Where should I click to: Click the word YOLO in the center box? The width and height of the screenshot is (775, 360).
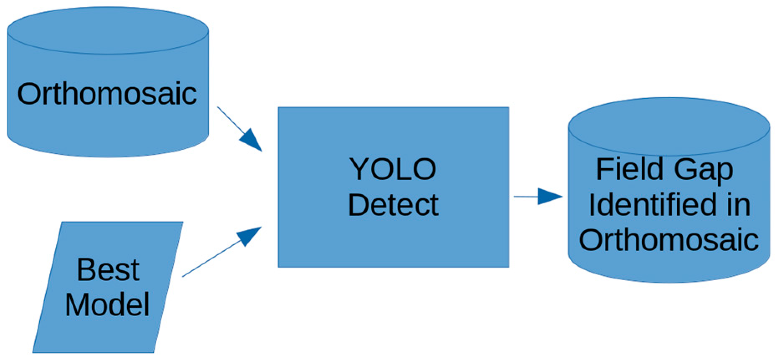pos(393,170)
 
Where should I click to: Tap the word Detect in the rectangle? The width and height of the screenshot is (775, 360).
pos(393,205)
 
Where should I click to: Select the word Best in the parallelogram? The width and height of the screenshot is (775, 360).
pos(108,270)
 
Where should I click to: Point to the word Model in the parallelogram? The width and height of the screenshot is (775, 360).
pos(107,305)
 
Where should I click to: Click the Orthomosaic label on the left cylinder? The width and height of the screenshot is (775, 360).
pos(107,94)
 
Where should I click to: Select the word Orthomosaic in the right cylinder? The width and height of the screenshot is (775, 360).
pos(668,240)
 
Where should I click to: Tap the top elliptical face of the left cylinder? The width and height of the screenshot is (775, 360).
pos(108,30)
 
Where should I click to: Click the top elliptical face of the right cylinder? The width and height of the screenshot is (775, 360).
pos(668,127)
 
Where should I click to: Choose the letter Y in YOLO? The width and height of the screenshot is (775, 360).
pos(359,169)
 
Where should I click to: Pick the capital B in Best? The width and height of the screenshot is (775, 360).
pos(86,270)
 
